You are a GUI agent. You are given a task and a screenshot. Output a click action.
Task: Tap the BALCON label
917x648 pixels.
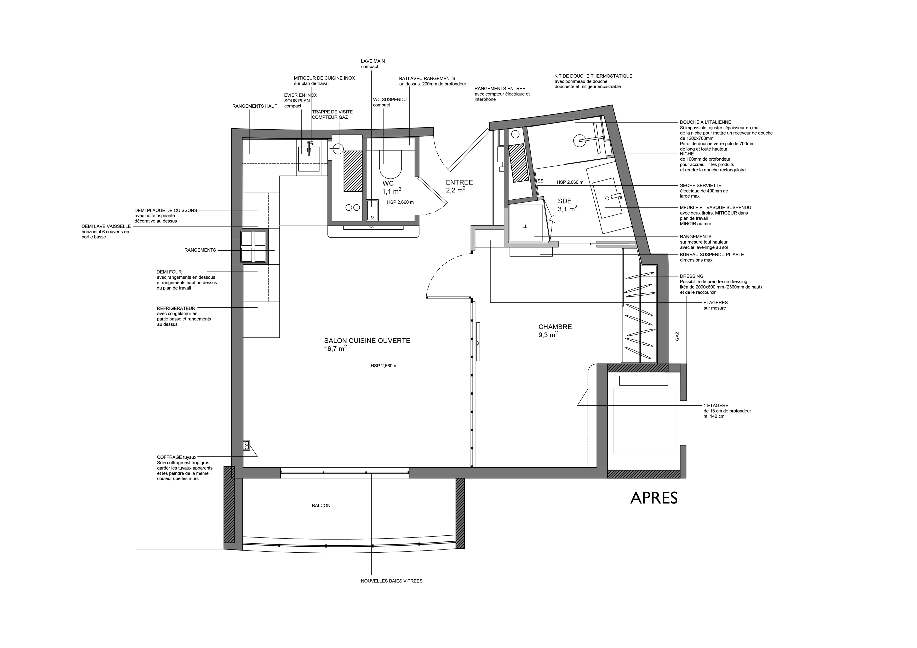coord(321,505)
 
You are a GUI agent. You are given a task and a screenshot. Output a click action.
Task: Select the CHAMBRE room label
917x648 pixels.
coord(555,327)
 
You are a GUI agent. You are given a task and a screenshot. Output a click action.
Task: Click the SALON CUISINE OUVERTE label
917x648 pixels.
coord(367,340)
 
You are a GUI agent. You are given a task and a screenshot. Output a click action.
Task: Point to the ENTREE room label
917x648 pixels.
coord(459,182)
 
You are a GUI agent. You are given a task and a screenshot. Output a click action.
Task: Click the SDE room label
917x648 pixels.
coord(564,201)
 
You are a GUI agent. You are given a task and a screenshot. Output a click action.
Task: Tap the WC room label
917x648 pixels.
coord(388,183)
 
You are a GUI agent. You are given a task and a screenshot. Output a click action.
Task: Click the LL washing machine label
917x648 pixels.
coord(525,226)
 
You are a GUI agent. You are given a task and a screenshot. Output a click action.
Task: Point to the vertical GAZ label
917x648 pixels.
coord(677,336)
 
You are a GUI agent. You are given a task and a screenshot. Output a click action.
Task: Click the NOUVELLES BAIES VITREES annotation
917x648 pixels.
coord(391,581)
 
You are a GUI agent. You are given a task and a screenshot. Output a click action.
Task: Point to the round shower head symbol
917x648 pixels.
coord(579,140)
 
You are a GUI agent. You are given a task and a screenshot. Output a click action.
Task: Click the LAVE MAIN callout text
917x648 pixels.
coord(373,61)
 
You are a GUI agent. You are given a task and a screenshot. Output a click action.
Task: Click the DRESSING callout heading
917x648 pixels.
coord(691,276)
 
